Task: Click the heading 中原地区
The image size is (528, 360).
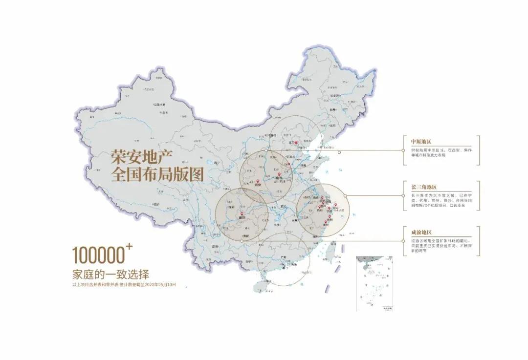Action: [x=421, y=142]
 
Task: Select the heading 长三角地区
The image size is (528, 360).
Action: [x=423, y=187]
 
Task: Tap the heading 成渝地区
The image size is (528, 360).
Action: [x=421, y=233]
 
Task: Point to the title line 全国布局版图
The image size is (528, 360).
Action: [x=157, y=174]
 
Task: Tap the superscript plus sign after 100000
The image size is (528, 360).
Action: [x=129, y=247]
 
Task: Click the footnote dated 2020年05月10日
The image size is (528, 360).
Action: [x=123, y=284]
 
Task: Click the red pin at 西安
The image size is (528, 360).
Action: [x=258, y=182]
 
